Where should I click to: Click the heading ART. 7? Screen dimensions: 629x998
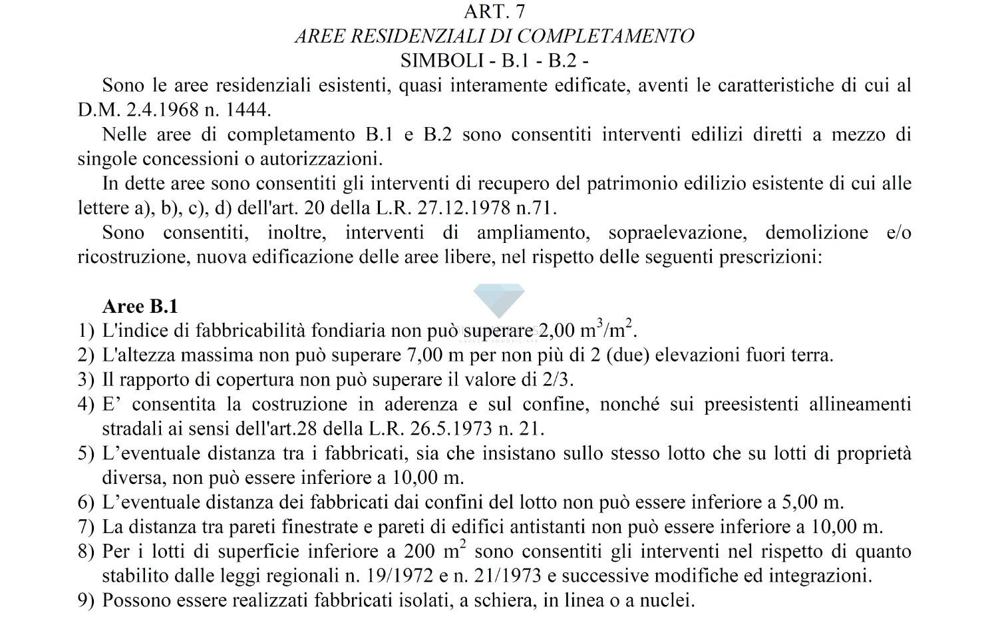[494, 11]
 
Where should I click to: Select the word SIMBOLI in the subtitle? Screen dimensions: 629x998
[441, 61]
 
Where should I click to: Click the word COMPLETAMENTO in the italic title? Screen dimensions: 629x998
[605, 36]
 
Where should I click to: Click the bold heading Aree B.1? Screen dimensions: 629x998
[140, 306]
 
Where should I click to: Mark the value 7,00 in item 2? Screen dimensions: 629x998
[424, 355]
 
